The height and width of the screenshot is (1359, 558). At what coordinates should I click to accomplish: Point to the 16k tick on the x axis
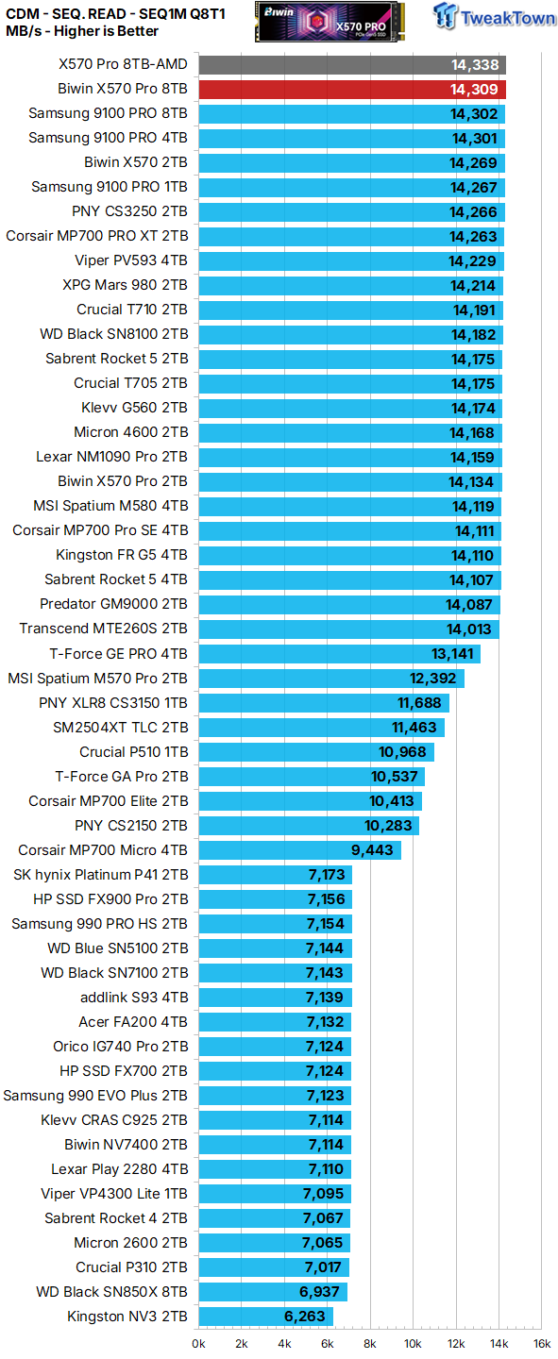click(540, 1343)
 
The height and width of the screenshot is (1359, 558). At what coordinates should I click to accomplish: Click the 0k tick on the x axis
click(199, 1343)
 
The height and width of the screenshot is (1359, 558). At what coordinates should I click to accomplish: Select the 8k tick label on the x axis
click(370, 1343)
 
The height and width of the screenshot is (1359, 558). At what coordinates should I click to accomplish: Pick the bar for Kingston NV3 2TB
click(265, 1317)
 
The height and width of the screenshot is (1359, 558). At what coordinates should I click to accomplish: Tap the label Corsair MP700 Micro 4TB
click(103, 850)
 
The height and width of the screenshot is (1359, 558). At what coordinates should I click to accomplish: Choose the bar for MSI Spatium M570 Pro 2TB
click(330, 679)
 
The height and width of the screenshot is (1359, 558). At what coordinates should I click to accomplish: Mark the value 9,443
click(373, 850)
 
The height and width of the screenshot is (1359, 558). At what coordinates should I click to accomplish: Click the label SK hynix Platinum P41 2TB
click(100, 875)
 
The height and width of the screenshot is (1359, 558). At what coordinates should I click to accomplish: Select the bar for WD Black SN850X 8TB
click(272, 1292)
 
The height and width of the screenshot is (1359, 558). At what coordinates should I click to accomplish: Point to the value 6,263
click(305, 1317)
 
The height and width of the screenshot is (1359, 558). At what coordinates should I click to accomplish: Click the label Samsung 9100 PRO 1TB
click(109, 187)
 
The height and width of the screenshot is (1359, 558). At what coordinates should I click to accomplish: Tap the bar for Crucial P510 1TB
click(315, 752)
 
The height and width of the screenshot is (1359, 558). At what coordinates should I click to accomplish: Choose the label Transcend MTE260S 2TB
click(103, 629)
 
